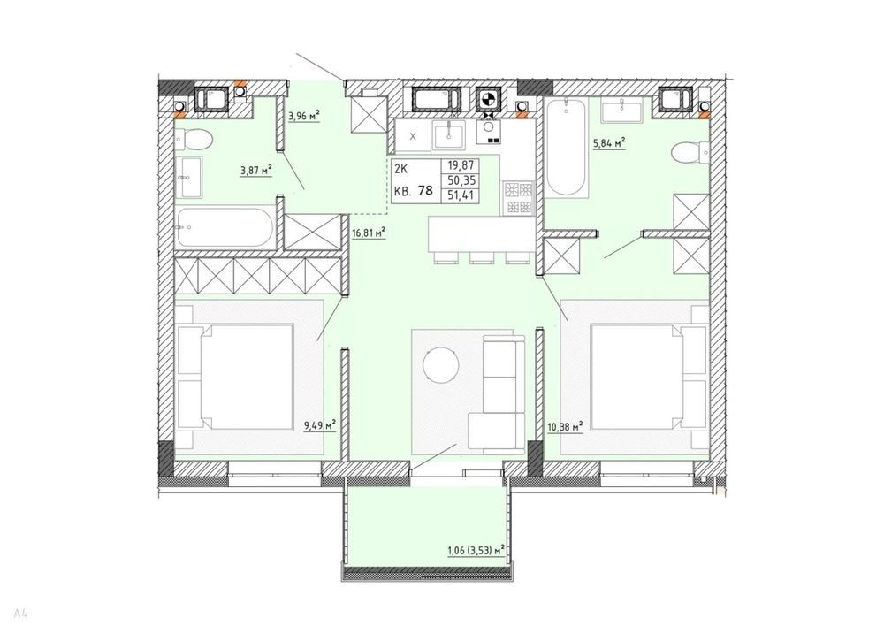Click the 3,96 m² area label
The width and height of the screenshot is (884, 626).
[x=304, y=117]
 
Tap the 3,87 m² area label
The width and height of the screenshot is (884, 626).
[x=256, y=170]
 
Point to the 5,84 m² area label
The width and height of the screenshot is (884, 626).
[x=609, y=144]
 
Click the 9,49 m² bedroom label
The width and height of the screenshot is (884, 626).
[x=320, y=424]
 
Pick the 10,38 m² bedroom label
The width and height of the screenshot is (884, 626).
[x=565, y=427]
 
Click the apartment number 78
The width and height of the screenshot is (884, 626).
[x=426, y=191]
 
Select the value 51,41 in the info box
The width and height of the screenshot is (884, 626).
[x=460, y=195]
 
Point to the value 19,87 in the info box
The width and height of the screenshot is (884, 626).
[x=460, y=166]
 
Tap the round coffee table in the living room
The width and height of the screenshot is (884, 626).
[x=441, y=363]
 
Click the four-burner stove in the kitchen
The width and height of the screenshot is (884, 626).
[x=518, y=197]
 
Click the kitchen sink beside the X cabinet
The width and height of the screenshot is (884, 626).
[x=449, y=136]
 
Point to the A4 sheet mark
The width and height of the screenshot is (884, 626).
[x=21, y=611]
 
